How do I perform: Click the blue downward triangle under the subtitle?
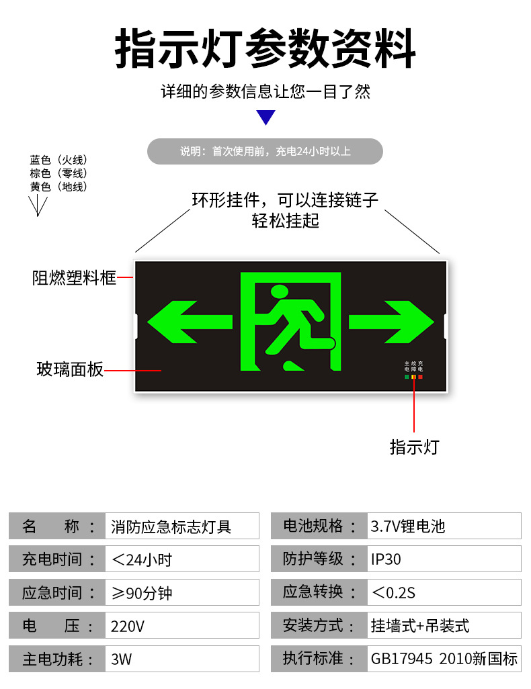point(267,118)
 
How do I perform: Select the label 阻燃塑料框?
point(74,277)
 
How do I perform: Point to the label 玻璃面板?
point(70,369)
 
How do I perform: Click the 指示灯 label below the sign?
point(414,447)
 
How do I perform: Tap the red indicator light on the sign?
point(420,377)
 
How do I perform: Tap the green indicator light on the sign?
point(407,377)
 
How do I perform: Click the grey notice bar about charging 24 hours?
point(265,152)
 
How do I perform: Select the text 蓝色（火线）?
point(58,160)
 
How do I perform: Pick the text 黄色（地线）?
point(58,187)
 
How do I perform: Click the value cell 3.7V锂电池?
point(444,526)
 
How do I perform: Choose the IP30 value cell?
point(444,559)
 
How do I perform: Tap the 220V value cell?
point(181,626)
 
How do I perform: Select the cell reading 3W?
point(181,659)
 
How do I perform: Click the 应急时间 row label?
point(56,592)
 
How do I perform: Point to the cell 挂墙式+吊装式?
point(444,625)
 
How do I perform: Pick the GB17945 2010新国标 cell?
point(444,659)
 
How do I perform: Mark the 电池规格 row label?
point(319,526)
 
